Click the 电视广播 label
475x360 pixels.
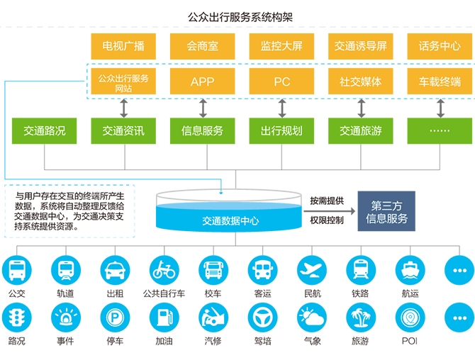[x=123, y=47]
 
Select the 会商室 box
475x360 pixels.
[x=202, y=47]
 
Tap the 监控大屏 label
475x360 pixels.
[x=281, y=47]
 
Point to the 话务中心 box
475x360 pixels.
[x=440, y=47]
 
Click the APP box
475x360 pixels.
[x=202, y=81]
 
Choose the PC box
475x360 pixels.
[x=281, y=81]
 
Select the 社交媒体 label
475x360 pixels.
[x=361, y=81]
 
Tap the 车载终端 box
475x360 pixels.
[x=440, y=81]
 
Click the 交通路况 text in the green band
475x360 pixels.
[x=44, y=130]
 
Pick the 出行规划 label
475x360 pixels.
[x=281, y=130]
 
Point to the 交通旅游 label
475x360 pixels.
[x=361, y=130]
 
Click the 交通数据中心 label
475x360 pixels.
[x=230, y=221]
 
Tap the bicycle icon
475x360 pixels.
[x=164, y=270]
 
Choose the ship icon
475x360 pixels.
[x=410, y=270]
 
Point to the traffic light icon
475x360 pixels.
[x=16, y=317]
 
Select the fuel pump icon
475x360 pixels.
[x=164, y=317]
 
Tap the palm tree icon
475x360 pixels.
[x=360, y=317]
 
